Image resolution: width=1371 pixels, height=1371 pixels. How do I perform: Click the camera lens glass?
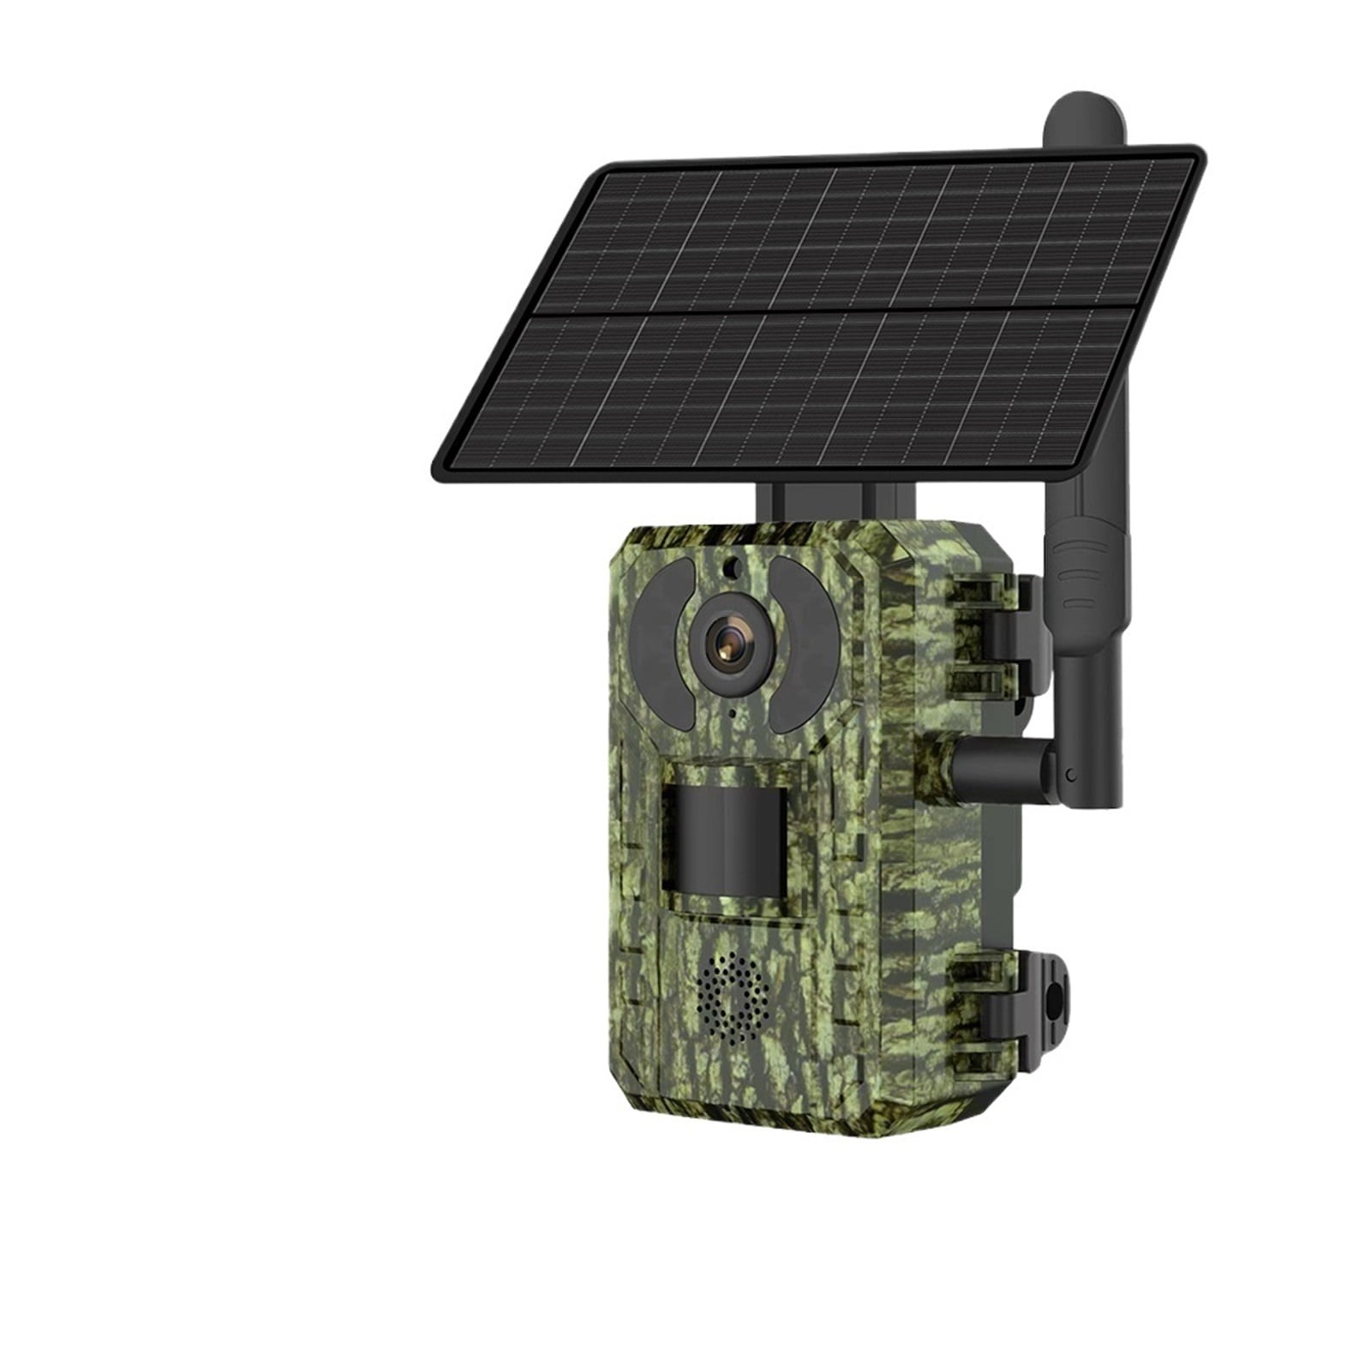coord(730,644)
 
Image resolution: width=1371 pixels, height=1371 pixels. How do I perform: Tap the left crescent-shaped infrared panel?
coord(660,643)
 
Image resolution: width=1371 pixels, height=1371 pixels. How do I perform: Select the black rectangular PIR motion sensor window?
coord(724,842)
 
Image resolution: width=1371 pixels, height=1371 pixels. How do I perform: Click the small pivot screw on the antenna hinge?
coord(1072,775)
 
